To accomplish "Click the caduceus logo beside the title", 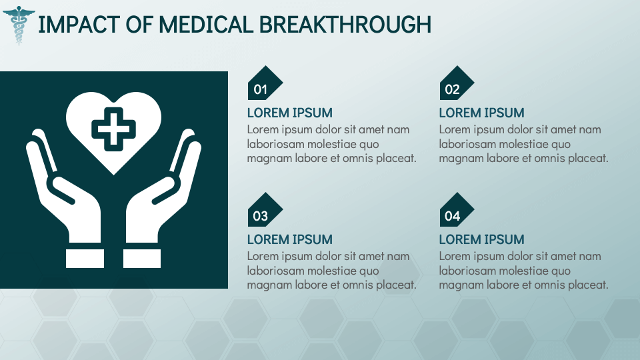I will click(20, 25).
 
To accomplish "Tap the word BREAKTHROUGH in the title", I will click(345, 25).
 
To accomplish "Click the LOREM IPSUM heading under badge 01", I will click(289, 113).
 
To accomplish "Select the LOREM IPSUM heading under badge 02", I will click(481, 113).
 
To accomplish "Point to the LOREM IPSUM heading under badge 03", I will click(289, 239).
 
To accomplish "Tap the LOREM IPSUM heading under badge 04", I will click(481, 239).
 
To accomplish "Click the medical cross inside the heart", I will click(113, 128).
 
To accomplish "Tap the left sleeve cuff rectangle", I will click(85, 258).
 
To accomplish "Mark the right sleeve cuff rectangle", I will click(143, 258).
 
